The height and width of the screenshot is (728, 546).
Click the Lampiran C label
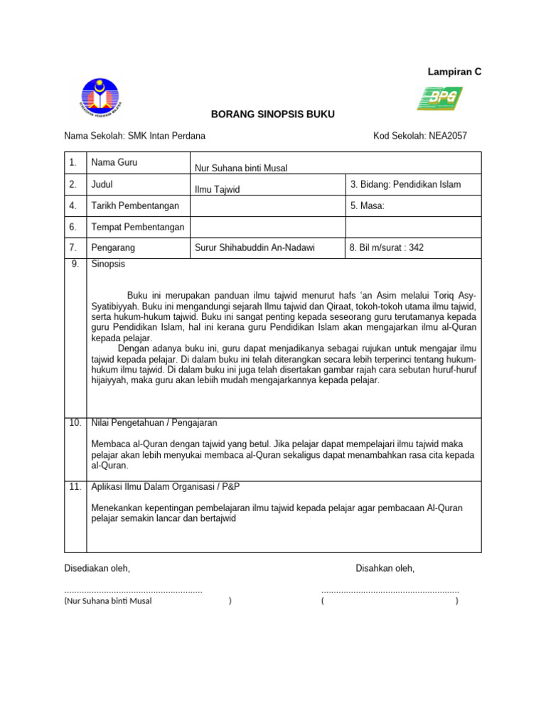pyautogui.click(x=454, y=72)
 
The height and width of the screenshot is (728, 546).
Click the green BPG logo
pyautogui.click(x=439, y=98)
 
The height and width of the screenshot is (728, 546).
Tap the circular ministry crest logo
pyautogui.click(x=99, y=99)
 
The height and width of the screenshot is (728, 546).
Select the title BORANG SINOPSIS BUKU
pyautogui.click(x=272, y=114)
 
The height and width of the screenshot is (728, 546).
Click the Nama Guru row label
pyautogui.click(x=114, y=162)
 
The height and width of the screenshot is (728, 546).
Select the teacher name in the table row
pyautogui.click(x=241, y=168)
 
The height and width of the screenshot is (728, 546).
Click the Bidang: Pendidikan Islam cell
pyautogui.click(x=405, y=184)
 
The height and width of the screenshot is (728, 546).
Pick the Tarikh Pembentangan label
pyautogui.click(x=135, y=205)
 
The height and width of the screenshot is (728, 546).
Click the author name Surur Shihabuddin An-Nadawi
pyautogui.click(x=255, y=247)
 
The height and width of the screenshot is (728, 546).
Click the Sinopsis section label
pyautogui.click(x=108, y=264)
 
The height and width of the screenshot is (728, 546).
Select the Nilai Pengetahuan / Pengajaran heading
pyautogui.click(x=154, y=423)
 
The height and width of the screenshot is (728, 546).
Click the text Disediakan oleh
pyautogui.click(x=97, y=568)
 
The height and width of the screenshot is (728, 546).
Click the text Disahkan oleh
pyautogui.click(x=385, y=568)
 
